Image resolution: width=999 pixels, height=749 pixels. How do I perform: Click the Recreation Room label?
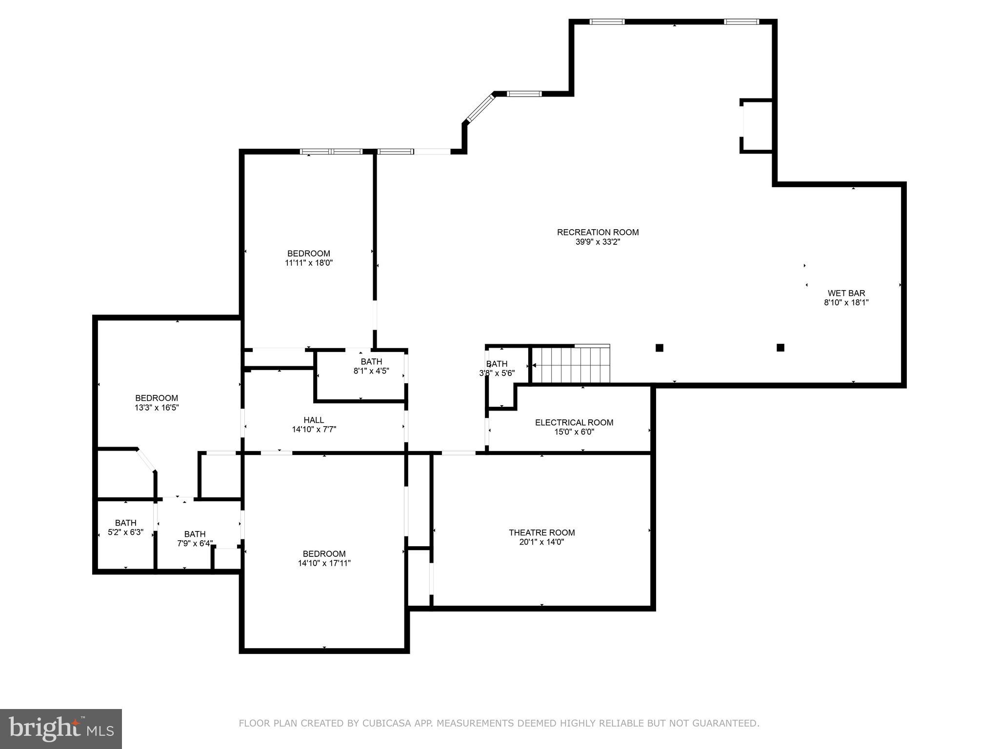(x=598, y=233)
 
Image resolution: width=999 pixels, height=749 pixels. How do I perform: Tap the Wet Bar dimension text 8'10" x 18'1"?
(x=846, y=302)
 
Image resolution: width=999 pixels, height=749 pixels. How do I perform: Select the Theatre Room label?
(x=541, y=532)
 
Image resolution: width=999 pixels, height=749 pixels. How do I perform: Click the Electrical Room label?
(x=574, y=422)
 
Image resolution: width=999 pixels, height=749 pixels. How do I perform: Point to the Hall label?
(x=314, y=420)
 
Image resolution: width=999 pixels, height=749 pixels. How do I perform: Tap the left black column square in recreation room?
(x=659, y=348)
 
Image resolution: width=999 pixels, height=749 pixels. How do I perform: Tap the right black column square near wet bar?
(x=780, y=348)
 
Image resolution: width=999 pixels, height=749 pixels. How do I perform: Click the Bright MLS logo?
(x=61, y=729)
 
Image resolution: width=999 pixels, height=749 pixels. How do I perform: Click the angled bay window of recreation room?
(x=480, y=108)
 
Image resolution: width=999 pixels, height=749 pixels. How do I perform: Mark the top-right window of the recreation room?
(x=741, y=21)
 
